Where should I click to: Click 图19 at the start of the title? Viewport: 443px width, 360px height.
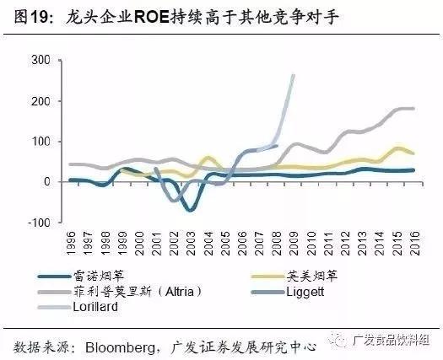coord(24,13)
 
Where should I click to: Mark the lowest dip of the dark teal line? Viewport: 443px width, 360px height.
coord(191,210)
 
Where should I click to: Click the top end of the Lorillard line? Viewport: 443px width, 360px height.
coord(294,75)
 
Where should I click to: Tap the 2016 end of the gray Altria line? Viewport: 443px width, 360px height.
coord(413,109)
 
